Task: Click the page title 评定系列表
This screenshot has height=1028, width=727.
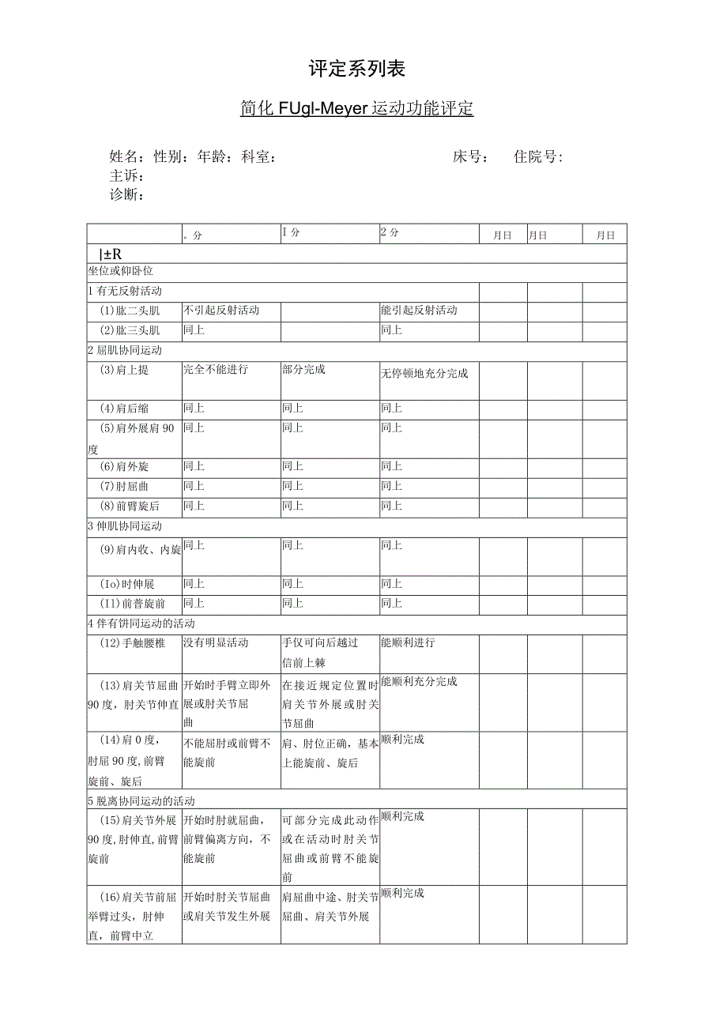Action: [x=357, y=70]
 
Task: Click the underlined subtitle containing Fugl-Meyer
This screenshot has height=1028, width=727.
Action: [x=357, y=108]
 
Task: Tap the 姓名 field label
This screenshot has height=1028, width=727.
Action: [x=126, y=157]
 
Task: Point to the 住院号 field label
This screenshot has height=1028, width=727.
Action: [x=538, y=157]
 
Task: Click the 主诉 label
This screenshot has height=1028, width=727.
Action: [x=126, y=175]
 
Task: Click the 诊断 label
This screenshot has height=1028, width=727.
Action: [x=126, y=194]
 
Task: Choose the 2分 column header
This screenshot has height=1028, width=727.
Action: [x=390, y=233]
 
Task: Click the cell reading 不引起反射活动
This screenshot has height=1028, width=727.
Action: [x=221, y=311]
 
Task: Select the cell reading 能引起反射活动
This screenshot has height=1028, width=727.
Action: [x=419, y=311]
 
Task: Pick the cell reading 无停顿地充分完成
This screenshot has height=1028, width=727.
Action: [x=424, y=373]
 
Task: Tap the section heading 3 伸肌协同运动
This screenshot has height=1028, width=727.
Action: [x=125, y=526]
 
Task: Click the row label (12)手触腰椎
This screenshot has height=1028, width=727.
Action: [x=133, y=643]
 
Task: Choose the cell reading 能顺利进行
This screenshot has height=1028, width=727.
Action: [x=408, y=643]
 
